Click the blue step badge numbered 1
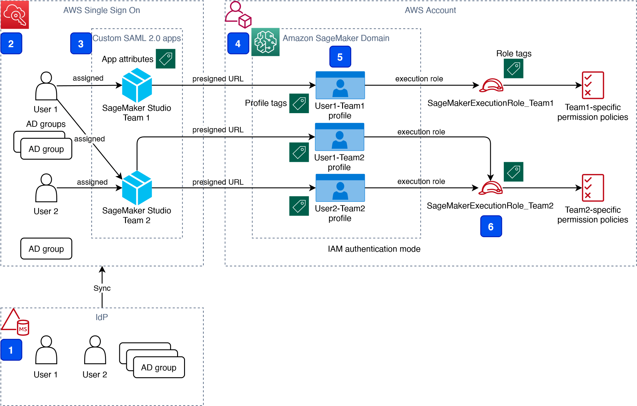pos(11,350)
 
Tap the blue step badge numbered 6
pos(491,226)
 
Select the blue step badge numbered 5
pos(340,57)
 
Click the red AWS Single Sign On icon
pos(15,14)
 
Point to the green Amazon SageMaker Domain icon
pos(266,42)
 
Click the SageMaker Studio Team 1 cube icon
pos(137,85)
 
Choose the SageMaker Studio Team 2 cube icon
pos(137,188)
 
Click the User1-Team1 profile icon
pos(340,85)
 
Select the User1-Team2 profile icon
pos(339,137)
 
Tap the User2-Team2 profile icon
pos(340,188)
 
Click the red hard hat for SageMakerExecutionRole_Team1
pos(491,85)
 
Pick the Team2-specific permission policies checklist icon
pos(592,188)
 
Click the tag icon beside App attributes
pos(166,59)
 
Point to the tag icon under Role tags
pos(513,69)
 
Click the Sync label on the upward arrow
pos(102,288)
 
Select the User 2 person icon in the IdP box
pos(95,350)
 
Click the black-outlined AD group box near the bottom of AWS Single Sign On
pos(46,249)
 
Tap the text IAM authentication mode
pos(374,249)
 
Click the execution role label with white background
pos(419,79)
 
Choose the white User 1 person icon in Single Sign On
pos(46,86)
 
